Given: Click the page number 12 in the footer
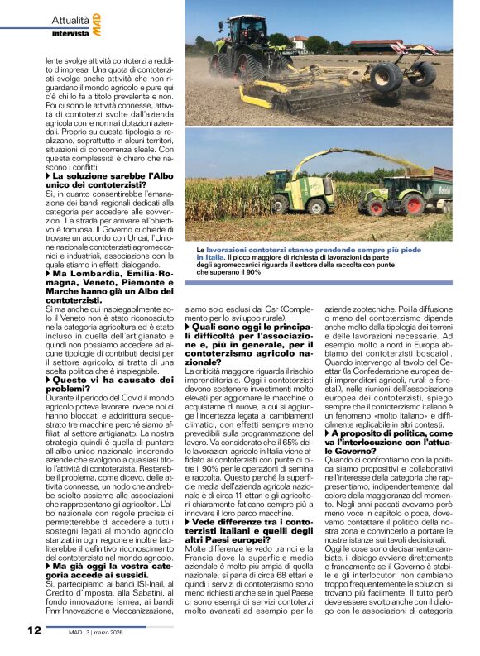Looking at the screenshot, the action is (x=34, y=630).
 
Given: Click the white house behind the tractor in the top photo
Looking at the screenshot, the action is (x=300, y=43).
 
